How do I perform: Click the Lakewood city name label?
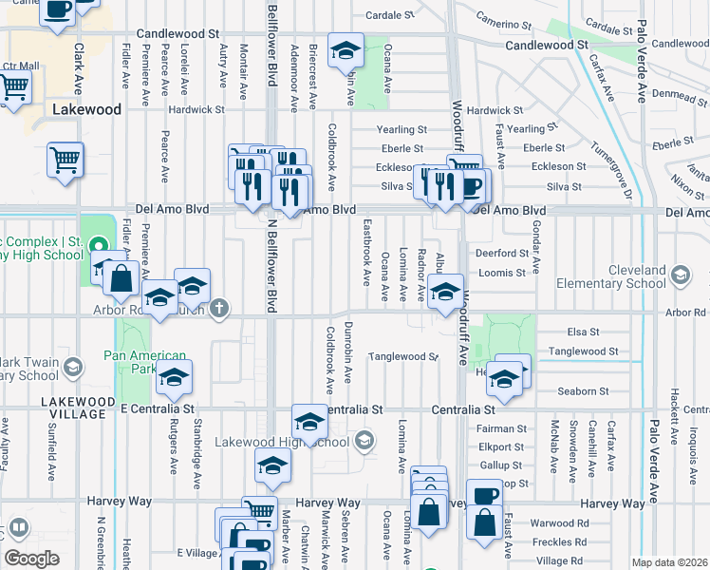point(86,109)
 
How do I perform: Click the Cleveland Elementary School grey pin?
point(680,275)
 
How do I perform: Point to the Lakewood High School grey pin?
point(364,441)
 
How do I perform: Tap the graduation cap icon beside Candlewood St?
point(346,50)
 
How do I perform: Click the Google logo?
point(31,559)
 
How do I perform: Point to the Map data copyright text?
point(669,562)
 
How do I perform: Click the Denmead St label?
point(680,95)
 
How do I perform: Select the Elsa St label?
point(582,332)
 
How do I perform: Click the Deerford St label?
point(502,254)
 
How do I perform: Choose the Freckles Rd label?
point(551,542)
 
